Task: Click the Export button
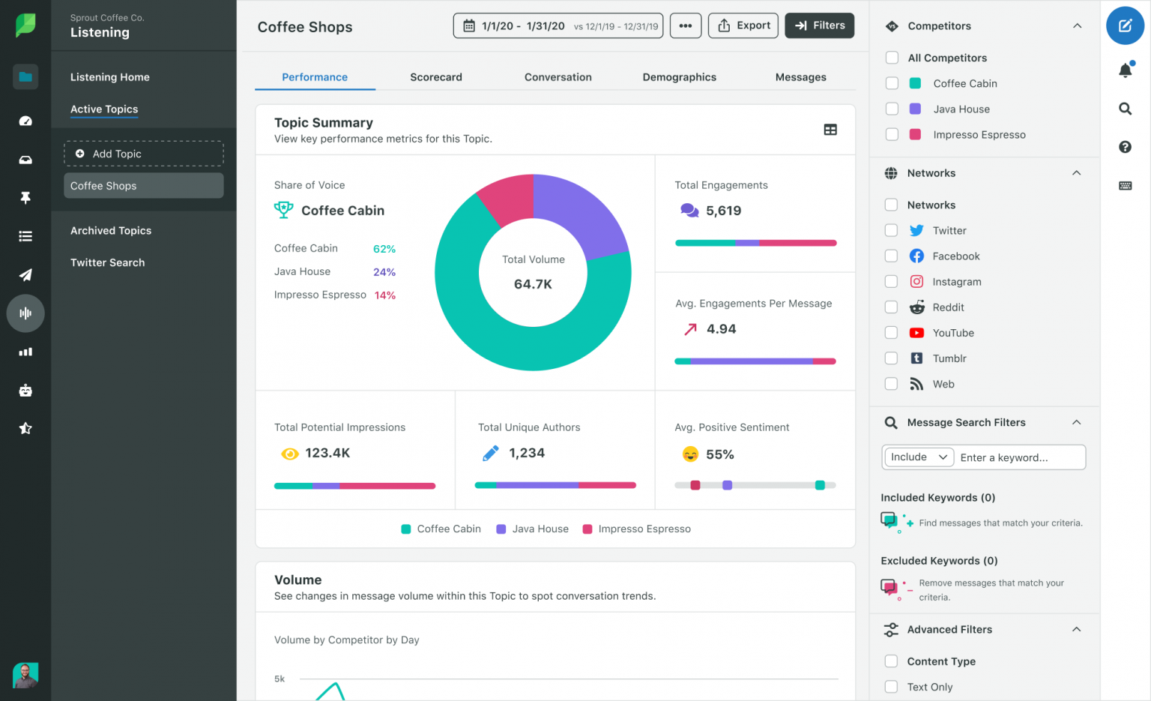click(743, 25)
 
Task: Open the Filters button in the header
click(819, 25)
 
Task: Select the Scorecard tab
click(435, 77)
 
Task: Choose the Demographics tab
click(679, 77)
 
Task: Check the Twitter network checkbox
click(891, 230)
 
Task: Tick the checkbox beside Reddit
click(891, 307)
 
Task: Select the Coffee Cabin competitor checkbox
click(892, 83)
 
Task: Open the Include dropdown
click(918, 457)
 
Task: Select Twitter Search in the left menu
click(107, 262)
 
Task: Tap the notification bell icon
click(1125, 70)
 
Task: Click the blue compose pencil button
click(1125, 25)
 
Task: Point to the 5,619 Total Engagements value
click(723, 211)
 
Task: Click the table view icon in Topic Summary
click(830, 130)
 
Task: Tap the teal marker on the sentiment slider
click(820, 485)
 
